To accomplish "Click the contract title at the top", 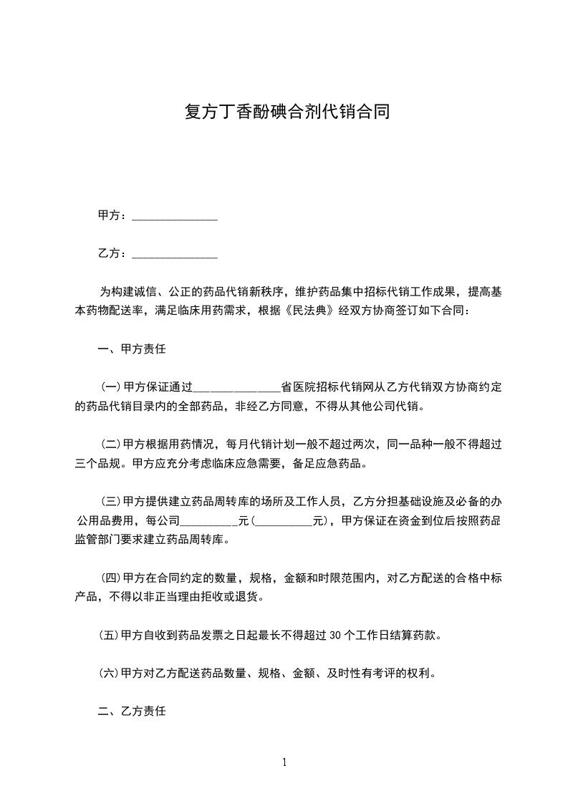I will tap(284, 112).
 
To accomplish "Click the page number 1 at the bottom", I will tap(284, 762).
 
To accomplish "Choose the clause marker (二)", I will tap(111, 444).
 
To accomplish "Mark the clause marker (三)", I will tap(111, 500).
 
